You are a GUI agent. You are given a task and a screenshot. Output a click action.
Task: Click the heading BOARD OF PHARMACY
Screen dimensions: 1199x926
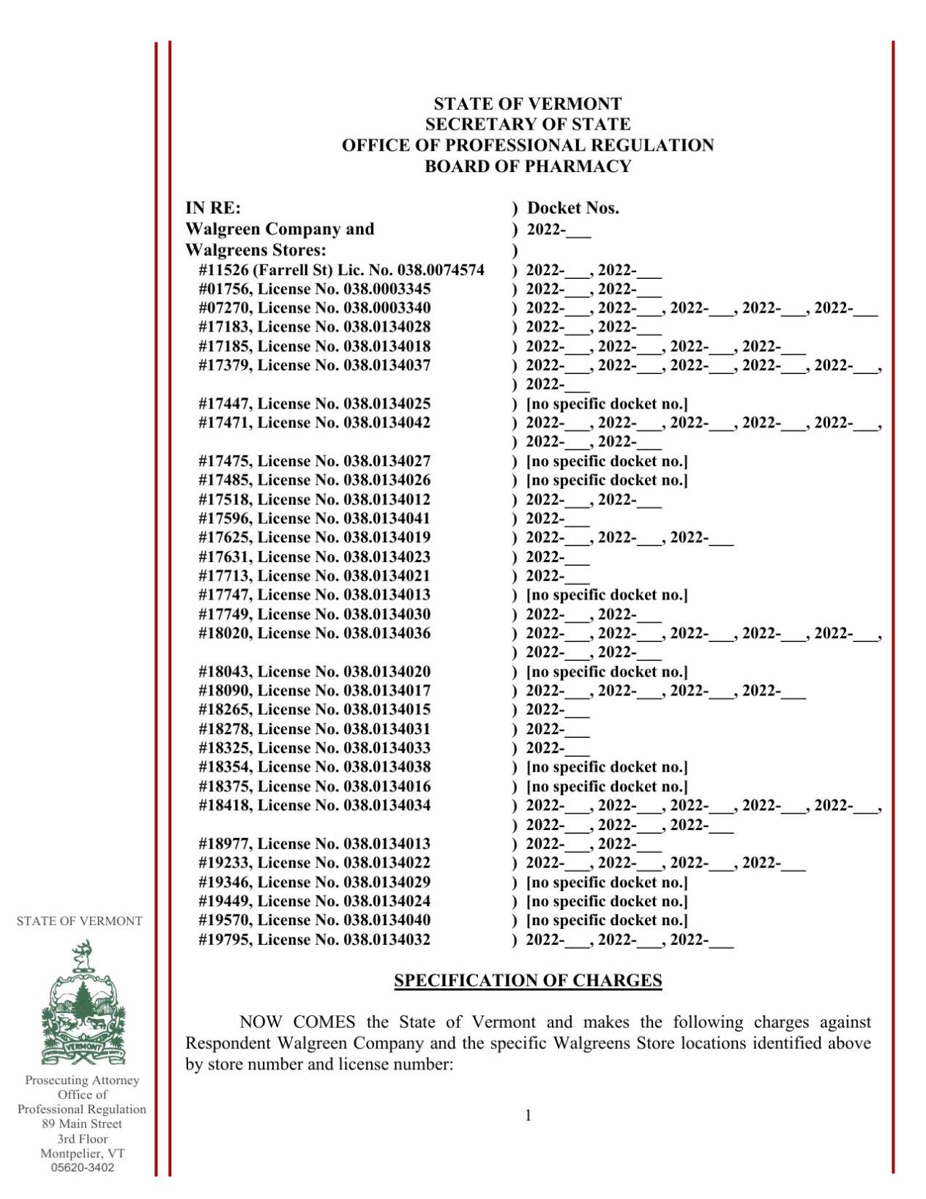(x=527, y=166)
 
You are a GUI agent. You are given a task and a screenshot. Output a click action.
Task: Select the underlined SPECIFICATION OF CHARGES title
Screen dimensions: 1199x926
(x=527, y=980)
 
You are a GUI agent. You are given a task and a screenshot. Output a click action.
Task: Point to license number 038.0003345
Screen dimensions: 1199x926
(x=387, y=289)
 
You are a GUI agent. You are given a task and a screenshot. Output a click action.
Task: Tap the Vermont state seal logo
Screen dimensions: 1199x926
(x=83, y=1004)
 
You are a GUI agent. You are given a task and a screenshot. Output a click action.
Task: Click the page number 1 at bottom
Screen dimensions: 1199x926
(x=528, y=1115)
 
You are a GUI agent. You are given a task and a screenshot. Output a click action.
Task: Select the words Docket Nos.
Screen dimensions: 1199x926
(x=572, y=208)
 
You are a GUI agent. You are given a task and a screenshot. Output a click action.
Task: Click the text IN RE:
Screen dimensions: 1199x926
(x=212, y=208)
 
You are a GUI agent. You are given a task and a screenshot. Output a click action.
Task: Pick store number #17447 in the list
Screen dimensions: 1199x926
(x=225, y=403)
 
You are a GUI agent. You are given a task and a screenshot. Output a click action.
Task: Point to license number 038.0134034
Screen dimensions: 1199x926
(x=387, y=805)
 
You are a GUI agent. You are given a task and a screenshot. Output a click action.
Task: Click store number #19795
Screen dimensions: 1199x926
(x=225, y=939)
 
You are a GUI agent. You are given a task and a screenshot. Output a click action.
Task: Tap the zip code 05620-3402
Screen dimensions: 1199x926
(x=83, y=1168)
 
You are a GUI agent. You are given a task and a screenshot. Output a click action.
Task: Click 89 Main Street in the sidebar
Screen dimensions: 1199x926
(x=82, y=1124)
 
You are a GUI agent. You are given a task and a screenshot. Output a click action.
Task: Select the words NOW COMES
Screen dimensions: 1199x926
(x=297, y=1022)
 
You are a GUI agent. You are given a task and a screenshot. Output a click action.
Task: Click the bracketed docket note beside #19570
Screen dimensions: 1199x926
(x=607, y=920)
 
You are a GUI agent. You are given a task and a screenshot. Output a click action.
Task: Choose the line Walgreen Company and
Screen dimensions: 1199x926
(x=280, y=229)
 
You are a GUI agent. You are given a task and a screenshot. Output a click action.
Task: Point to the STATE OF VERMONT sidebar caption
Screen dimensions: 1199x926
(x=79, y=921)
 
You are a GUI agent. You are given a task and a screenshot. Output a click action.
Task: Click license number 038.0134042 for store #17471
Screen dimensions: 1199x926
(x=387, y=422)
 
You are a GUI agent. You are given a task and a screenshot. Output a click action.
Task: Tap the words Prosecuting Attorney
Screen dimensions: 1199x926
(x=82, y=1080)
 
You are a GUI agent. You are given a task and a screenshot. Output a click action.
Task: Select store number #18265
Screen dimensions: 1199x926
(x=225, y=709)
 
